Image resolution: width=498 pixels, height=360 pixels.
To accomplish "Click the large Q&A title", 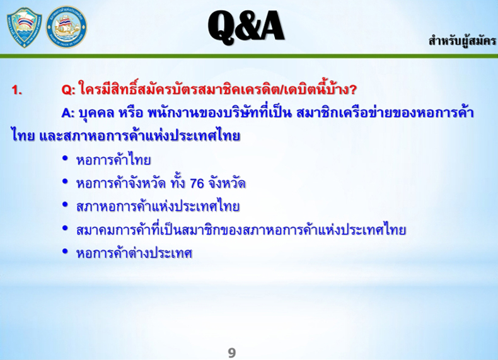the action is click(x=246, y=26).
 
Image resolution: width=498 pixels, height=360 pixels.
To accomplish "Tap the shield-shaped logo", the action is click(x=25, y=27).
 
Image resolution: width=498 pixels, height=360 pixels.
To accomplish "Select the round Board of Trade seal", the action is click(x=66, y=26).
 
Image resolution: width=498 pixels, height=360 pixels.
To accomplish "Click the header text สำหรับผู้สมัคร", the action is click(x=462, y=42).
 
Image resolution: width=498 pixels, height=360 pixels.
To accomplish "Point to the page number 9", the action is click(x=232, y=352).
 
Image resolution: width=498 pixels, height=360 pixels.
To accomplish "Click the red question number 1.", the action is click(x=17, y=90).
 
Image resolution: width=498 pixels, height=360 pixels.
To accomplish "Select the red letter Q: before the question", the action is click(x=69, y=90).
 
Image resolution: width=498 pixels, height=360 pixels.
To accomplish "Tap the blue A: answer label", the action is click(x=67, y=113).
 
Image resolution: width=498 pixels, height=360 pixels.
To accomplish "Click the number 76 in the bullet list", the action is click(x=197, y=183).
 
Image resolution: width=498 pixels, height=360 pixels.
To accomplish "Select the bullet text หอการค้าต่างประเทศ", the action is click(x=134, y=253).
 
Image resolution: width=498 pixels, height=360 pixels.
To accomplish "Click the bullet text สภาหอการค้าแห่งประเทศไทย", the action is click(x=158, y=207).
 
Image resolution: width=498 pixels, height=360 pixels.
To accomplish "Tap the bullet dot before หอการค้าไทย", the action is click(x=65, y=158).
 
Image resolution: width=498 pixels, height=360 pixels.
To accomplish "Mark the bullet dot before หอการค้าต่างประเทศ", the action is click(x=65, y=252).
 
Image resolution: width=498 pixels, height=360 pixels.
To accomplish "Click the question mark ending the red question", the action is click(x=352, y=90).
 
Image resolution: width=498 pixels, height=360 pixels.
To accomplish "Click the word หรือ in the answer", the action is click(x=130, y=113).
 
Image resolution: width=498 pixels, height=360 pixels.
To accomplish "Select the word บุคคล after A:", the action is click(x=96, y=113).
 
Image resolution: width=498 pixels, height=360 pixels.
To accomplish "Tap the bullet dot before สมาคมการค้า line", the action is click(x=65, y=228).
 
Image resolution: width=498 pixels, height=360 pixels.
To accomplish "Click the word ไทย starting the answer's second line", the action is click(x=23, y=136).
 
